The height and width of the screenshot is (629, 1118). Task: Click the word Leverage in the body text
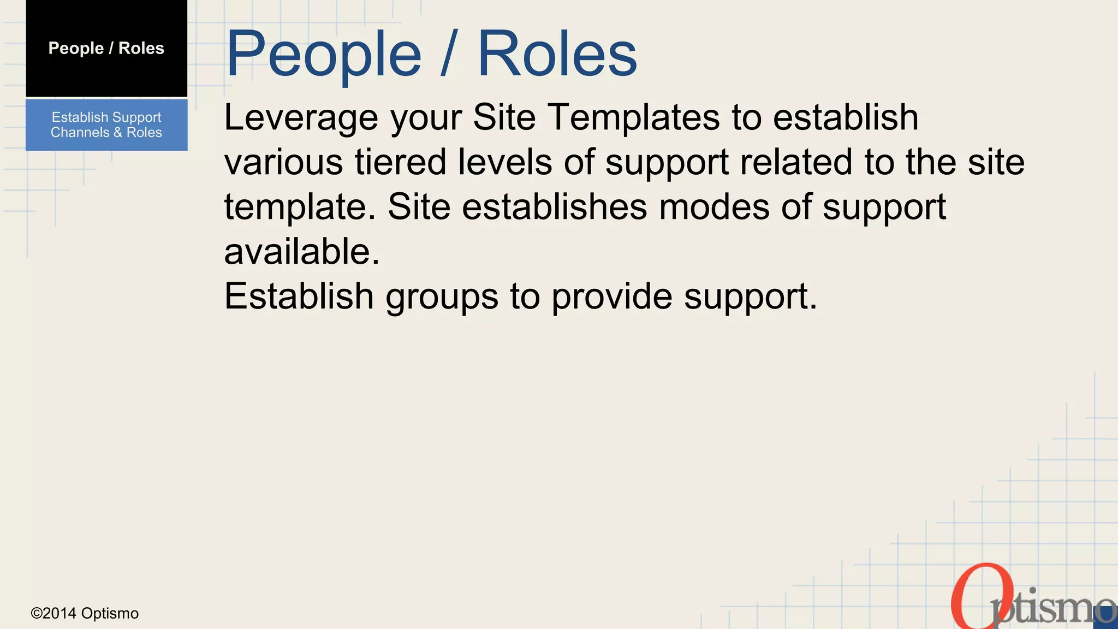point(301,118)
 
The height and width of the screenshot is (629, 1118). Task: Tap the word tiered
point(400,162)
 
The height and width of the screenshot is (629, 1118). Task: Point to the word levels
point(504,162)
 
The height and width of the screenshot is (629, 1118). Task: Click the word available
point(301,252)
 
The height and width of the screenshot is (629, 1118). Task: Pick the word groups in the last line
point(442,297)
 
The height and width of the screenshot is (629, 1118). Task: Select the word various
point(283,162)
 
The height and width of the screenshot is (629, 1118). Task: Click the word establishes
point(554,207)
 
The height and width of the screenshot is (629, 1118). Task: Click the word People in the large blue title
point(323,55)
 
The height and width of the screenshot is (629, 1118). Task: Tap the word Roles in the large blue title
point(557,55)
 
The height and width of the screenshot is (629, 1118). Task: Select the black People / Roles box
point(106,48)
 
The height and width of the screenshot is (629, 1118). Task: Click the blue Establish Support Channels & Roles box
point(106,124)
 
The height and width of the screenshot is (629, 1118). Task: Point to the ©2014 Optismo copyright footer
point(85,613)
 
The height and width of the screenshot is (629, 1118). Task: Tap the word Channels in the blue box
point(80,133)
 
